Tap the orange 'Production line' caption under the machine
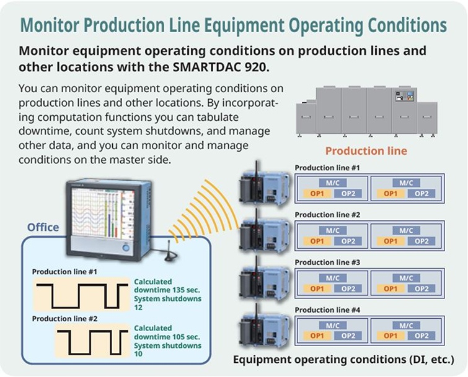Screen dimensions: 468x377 click(x=366, y=151)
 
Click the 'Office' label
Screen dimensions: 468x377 click(x=43, y=227)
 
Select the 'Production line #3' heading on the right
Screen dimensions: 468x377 click(x=327, y=262)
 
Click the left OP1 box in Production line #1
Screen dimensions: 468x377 click(x=317, y=194)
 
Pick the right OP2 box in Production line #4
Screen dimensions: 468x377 click(x=422, y=336)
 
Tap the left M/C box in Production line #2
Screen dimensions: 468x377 click(x=332, y=230)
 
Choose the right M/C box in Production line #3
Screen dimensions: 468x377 click(x=406, y=278)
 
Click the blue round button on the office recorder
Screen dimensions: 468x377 click(x=126, y=248)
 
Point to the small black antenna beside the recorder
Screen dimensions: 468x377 click(x=170, y=251)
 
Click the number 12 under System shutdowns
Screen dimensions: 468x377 click(x=138, y=307)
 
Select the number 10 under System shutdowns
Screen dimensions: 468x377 click(x=138, y=353)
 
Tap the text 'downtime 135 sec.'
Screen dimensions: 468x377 click(x=167, y=290)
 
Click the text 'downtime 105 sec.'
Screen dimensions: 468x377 click(x=167, y=337)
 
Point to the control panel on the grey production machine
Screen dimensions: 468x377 click(x=404, y=96)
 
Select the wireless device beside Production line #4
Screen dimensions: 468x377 click(x=264, y=327)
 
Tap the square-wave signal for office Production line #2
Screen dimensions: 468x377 click(x=93, y=342)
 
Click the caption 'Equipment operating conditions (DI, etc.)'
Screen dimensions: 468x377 click(x=343, y=360)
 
